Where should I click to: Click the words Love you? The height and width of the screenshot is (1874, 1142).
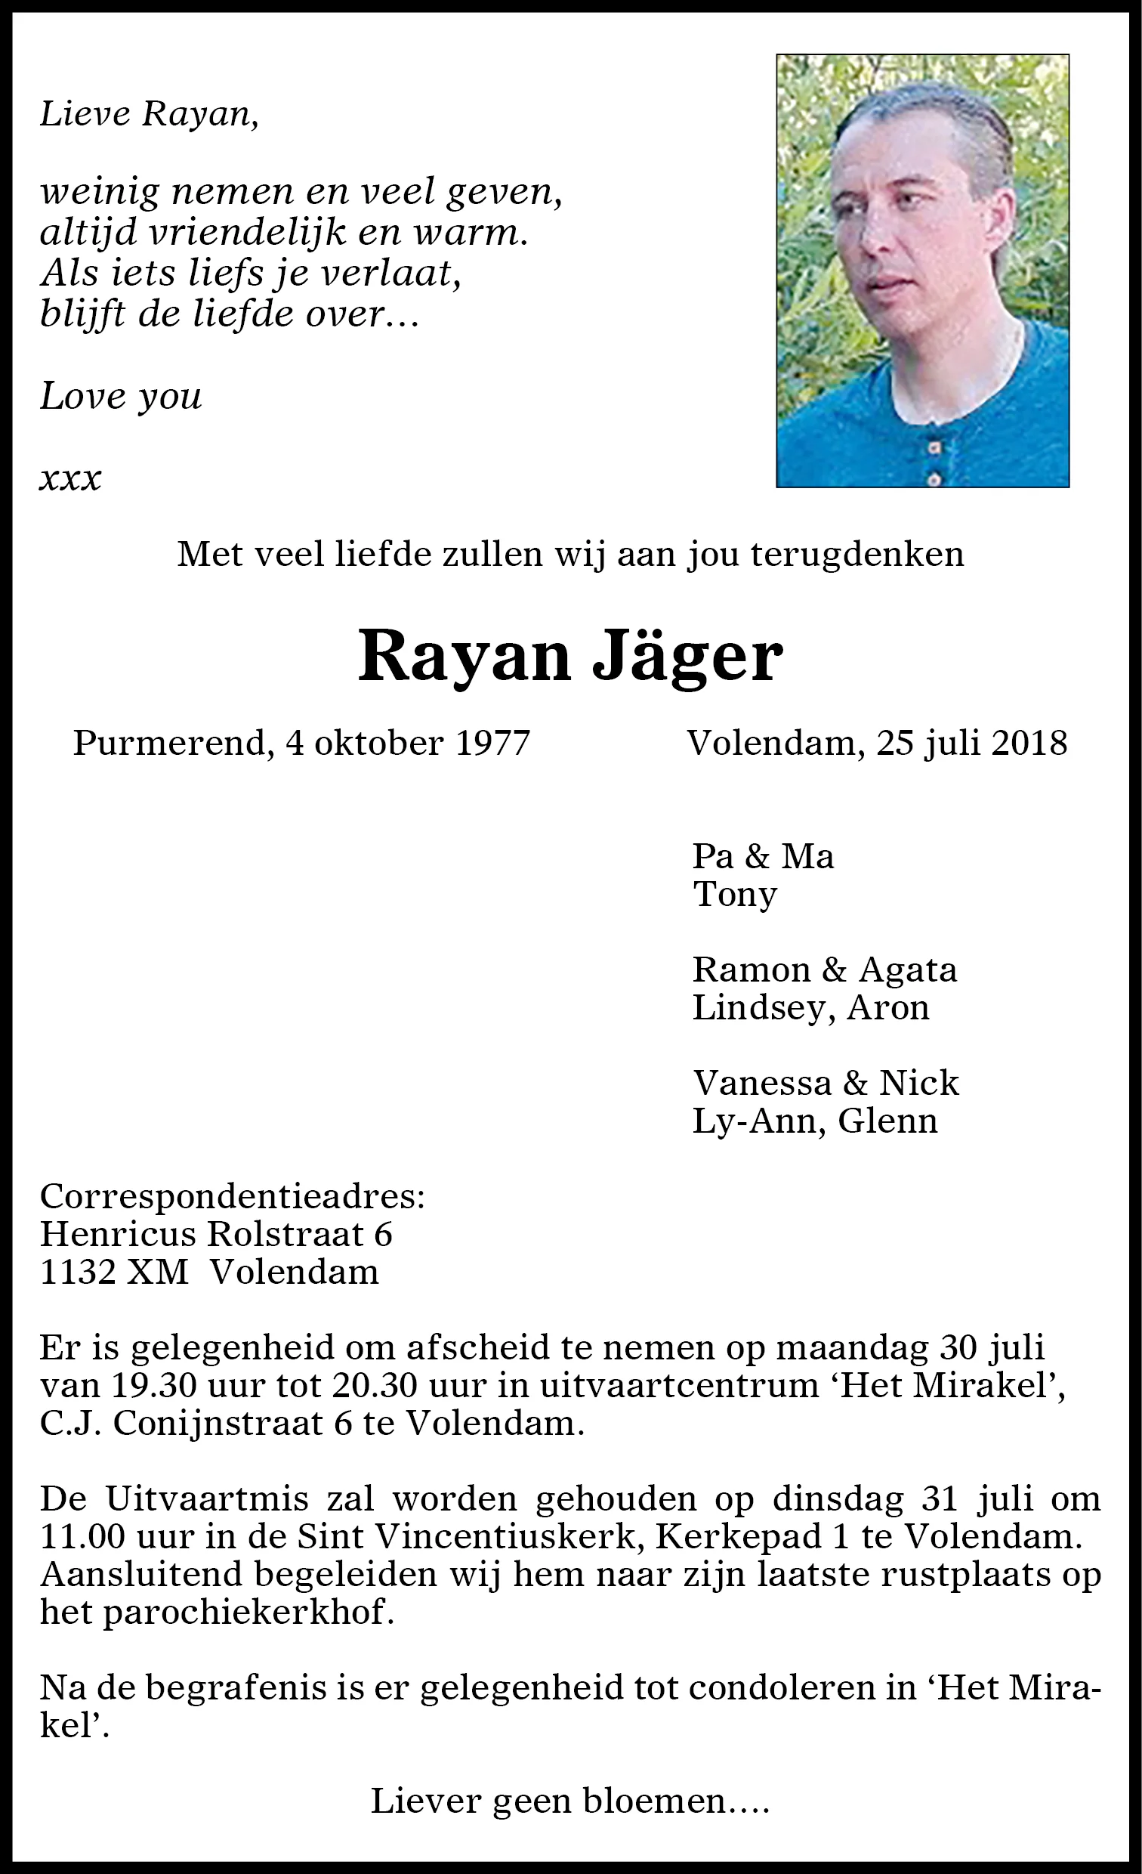pyautogui.click(x=121, y=396)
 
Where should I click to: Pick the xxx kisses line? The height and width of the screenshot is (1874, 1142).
pyautogui.click(x=70, y=479)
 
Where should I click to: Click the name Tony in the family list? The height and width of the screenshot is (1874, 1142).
pyautogui.click(x=734, y=895)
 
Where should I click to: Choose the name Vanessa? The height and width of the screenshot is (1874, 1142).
pyautogui.click(x=762, y=1083)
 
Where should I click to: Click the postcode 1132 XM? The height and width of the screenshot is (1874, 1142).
pyautogui.click(x=114, y=1272)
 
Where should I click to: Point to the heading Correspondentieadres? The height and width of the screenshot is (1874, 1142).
pyautogui.click(x=232, y=1196)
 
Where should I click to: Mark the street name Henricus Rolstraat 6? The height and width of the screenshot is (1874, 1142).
pyautogui.click(x=216, y=1234)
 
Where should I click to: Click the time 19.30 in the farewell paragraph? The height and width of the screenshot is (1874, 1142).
pyautogui.click(x=149, y=1385)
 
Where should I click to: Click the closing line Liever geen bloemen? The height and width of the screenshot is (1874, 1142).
pyautogui.click(x=570, y=1801)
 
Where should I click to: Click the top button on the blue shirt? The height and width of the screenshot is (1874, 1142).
pyautogui.click(x=935, y=447)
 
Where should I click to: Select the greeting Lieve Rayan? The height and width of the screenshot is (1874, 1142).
pyautogui.click(x=149, y=114)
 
